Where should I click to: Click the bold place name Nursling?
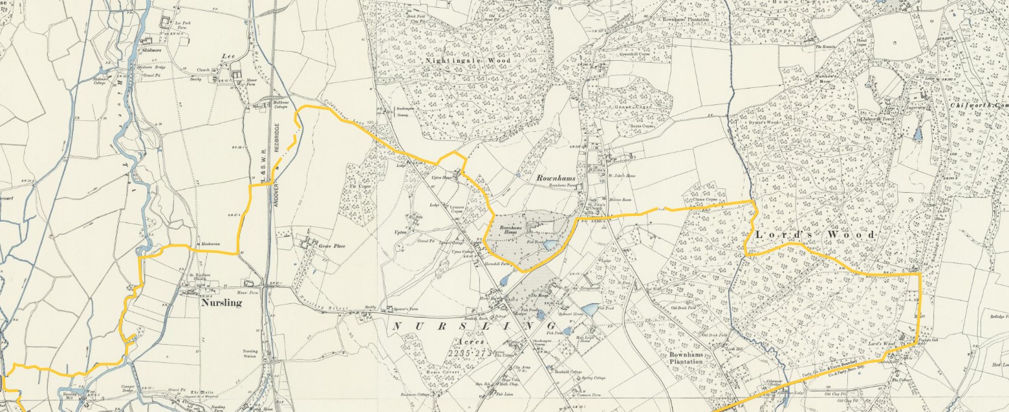click(221, 303)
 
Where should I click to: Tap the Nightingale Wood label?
click(459, 60)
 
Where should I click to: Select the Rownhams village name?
click(555, 177)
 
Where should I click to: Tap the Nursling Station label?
click(250, 354)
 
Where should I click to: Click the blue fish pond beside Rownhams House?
click(549, 245)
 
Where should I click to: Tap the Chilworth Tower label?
click(892, 119)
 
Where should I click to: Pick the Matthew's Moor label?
click(838, 78)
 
